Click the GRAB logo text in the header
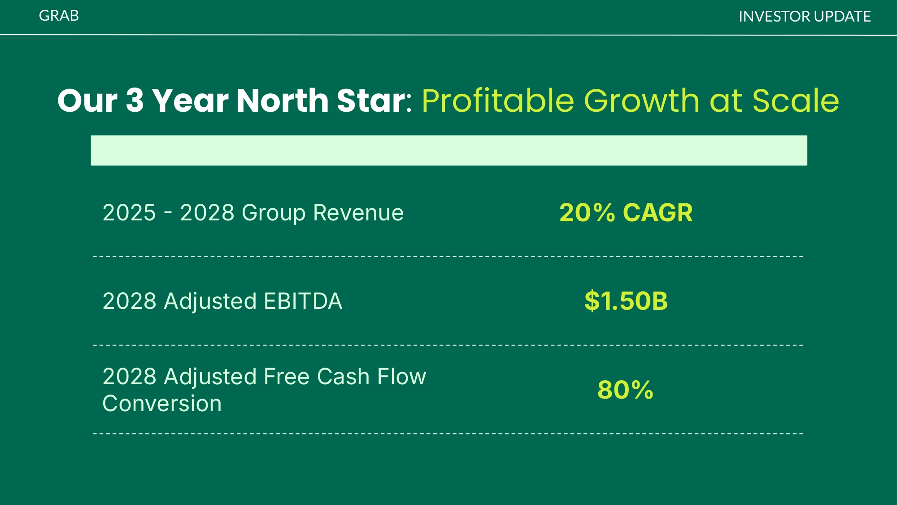59,16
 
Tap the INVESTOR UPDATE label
805,17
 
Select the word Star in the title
374,100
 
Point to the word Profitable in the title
498,100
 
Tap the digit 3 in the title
135,100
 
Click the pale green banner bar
449,150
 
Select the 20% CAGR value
626,213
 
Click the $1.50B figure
626,301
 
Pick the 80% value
625,390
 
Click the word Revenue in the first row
358,213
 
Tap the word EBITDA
303,301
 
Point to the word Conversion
162,404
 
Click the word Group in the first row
274,213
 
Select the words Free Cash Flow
345,377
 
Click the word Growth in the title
642,100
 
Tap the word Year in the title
190,100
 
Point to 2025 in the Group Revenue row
129,213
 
